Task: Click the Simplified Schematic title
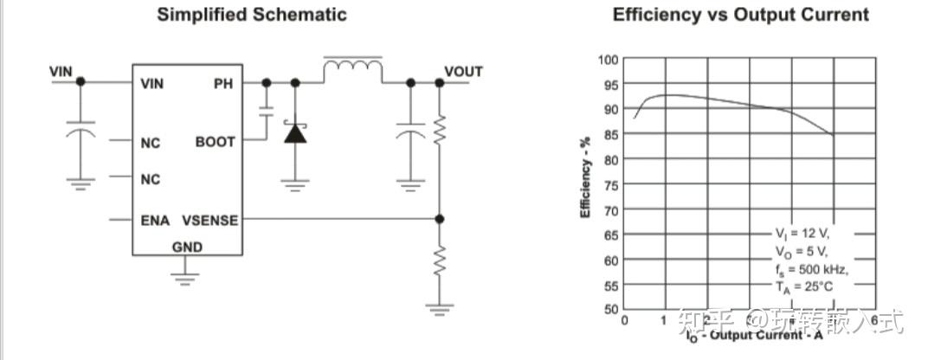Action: [x=252, y=15]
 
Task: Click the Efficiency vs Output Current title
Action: [x=740, y=15]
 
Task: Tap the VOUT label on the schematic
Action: [x=464, y=71]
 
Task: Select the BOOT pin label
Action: [x=216, y=141]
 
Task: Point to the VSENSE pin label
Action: [x=210, y=220]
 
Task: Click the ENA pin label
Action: [x=156, y=220]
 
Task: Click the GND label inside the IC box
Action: [x=187, y=247]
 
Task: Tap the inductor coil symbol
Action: [x=352, y=67]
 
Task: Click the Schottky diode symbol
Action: [x=295, y=133]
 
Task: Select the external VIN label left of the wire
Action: [x=61, y=71]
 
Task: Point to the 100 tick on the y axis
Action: [x=608, y=59]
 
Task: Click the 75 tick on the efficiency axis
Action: [x=610, y=184]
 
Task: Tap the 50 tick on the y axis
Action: [x=610, y=309]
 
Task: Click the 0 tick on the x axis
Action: [x=624, y=321]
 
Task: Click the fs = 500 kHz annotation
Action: [x=811, y=269]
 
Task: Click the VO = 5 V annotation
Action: [x=801, y=252]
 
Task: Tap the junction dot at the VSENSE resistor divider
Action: [x=440, y=220]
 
